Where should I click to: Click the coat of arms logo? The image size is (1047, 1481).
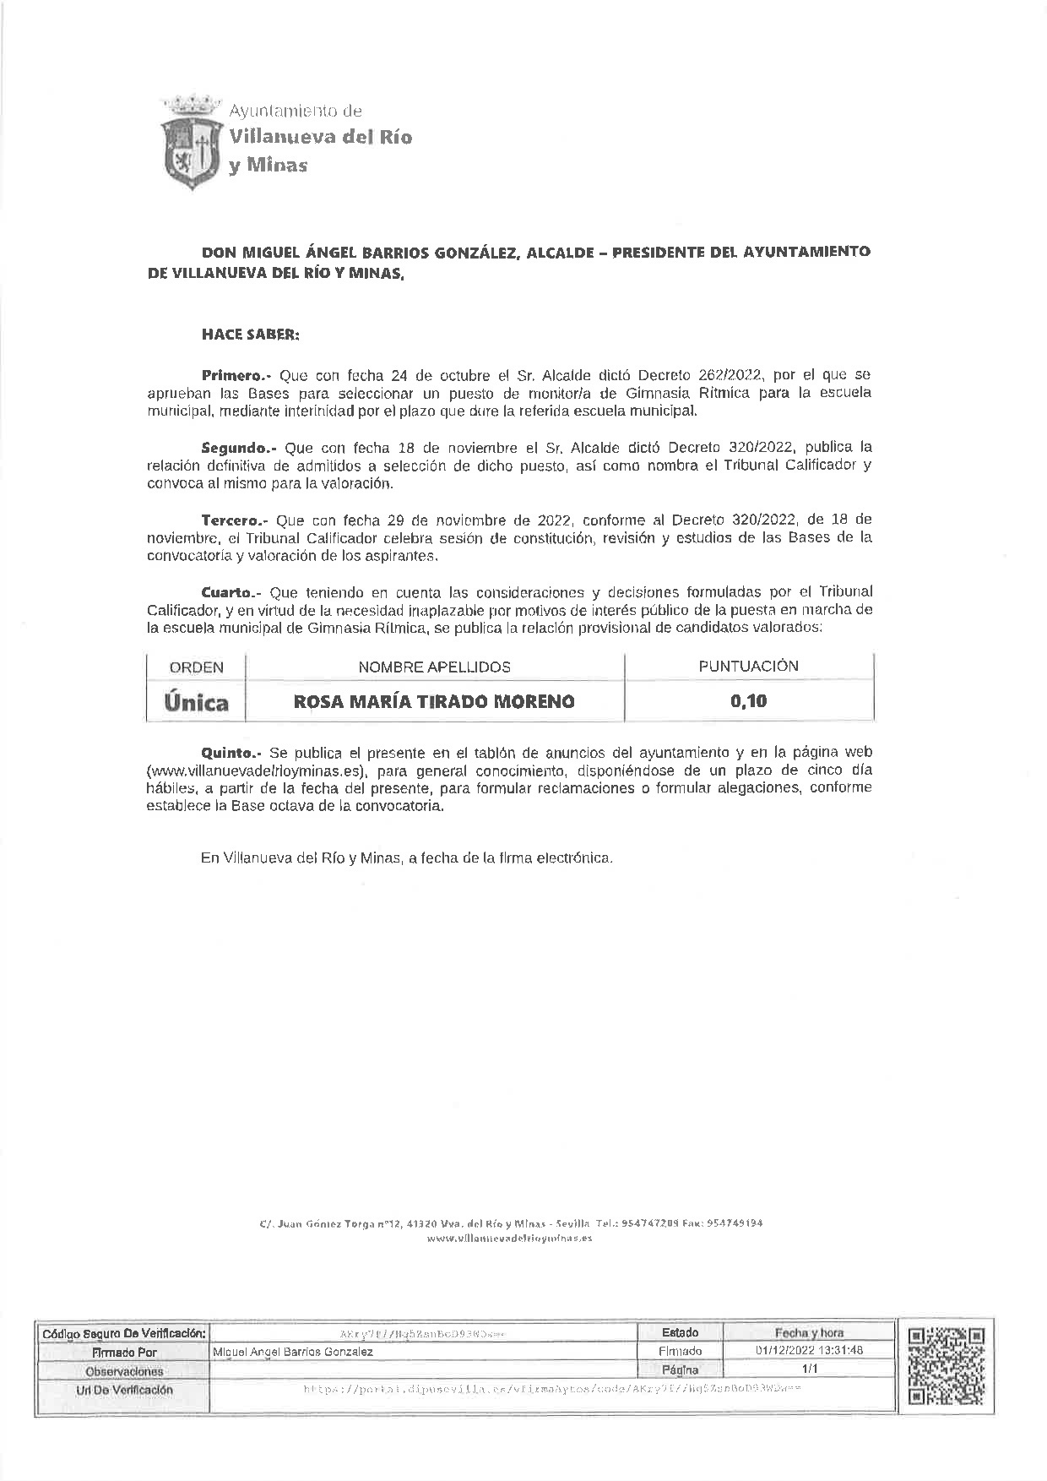192,142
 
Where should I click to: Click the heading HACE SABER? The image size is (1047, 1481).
250,334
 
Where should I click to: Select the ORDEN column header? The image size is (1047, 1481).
196,667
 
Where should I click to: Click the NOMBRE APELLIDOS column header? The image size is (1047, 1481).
434,667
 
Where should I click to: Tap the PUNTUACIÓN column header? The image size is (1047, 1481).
748,666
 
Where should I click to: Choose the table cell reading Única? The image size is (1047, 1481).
196,702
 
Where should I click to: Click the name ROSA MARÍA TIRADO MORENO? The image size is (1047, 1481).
434,701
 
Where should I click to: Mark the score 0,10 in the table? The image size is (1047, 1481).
748,701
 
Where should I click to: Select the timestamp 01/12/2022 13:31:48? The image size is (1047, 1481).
809,1350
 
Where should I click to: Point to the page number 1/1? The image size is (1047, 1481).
809,1369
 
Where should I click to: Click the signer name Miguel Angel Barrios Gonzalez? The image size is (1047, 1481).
293,1352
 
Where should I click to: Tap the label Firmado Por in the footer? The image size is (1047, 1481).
124,1352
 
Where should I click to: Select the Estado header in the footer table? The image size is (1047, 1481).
680,1332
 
